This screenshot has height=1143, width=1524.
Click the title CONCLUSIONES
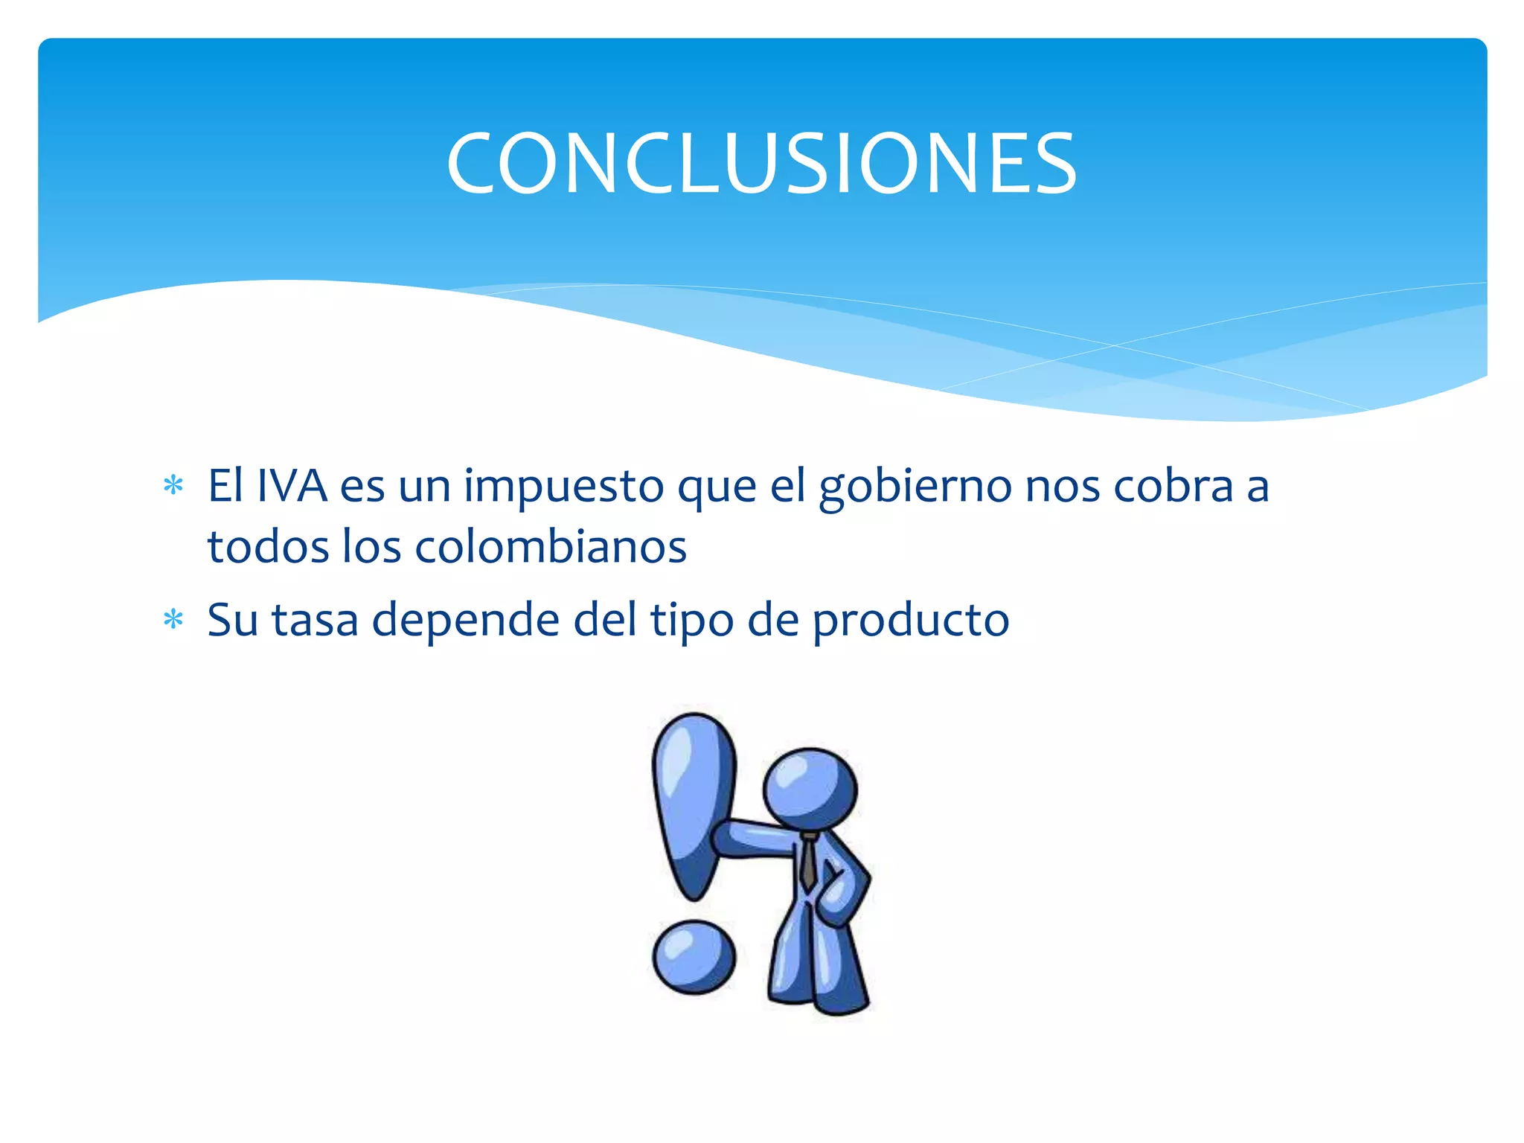pyautogui.click(x=761, y=164)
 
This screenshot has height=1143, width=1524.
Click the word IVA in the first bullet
pyautogui.click(x=292, y=487)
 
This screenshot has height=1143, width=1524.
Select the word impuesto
pyautogui.click(x=563, y=488)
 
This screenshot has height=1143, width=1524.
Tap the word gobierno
pyautogui.click(x=915, y=488)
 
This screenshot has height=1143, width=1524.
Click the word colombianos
pyautogui.click(x=551, y=547)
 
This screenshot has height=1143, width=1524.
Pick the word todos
pyautogui.click(x=268, y=547)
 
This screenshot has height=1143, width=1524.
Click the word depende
pyautogui.click(x=465, y=621)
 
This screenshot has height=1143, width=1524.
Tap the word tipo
pyautogui.click(x=692, y=621)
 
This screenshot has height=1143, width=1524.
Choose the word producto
pyautogui.click(x=910, y=621)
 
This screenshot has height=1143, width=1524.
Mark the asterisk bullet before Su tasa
pyautogui.click(x=173, y=619)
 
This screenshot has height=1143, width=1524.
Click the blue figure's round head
pyautogui.click(x=810, y=787)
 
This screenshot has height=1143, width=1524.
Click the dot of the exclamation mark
pyautogui.click(x=694, y=957)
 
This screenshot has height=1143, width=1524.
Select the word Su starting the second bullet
pyautogui.click(x=232, y=620)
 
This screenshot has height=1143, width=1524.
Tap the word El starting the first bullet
pyautogui.click(x=225, y=487)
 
